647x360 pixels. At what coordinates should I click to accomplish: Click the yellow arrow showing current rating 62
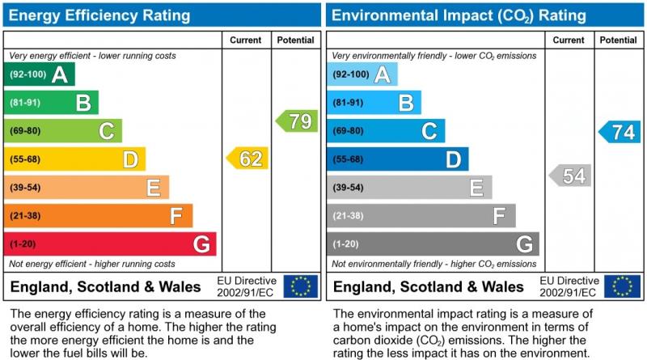247,159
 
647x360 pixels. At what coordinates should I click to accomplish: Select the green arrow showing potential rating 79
296,121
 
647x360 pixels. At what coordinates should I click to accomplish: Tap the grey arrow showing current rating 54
570,176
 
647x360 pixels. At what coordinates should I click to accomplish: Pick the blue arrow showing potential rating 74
620,133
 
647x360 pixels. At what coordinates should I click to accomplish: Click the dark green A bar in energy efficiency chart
40,74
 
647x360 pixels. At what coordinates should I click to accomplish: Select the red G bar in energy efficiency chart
110,244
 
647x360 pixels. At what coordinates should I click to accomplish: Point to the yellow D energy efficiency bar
74,159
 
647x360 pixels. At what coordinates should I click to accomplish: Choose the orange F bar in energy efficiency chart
98,216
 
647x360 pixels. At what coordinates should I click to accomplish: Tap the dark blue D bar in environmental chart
397,159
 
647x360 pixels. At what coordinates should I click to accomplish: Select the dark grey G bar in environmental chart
433,244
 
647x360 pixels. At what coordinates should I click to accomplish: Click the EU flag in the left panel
301,286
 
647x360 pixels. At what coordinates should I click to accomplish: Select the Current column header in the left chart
246,40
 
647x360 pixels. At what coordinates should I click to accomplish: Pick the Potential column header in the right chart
619,40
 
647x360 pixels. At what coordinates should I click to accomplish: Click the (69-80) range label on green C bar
25,131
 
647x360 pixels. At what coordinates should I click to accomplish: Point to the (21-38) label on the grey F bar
348,216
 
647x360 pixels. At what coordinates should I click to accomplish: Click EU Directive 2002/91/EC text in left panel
247,286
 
